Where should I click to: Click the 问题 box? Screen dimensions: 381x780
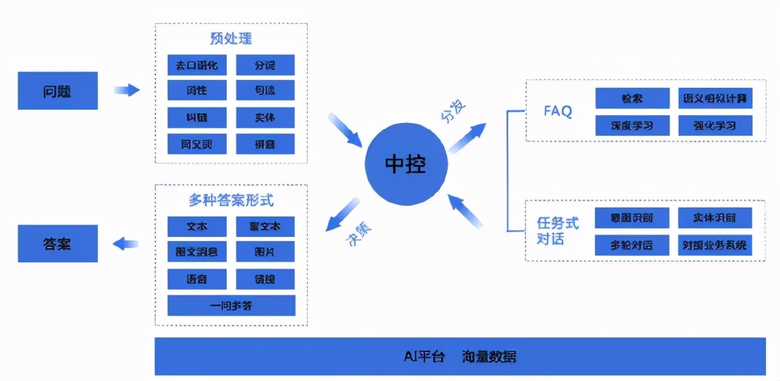point(58,91)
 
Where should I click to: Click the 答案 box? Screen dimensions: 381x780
point(58,244)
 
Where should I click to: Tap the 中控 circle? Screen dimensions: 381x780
point(405,164)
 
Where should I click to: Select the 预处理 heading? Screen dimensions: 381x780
point(231,38)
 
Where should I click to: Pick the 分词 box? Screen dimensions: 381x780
point(265,65)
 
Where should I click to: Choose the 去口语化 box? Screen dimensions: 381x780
point(197,65)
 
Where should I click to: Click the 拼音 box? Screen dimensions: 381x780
point(265,144)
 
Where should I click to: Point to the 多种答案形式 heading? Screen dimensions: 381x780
point(231,200)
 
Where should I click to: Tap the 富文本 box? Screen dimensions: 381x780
point(265,226)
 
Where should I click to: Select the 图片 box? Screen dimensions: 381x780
point(265,252)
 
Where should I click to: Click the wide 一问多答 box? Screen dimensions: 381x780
point(231,306)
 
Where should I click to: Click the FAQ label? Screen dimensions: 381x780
point(558,112)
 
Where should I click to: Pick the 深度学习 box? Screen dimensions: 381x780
point(631,126)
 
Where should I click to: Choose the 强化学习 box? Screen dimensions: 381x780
point(715,126)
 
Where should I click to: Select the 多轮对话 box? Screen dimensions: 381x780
point(631,245)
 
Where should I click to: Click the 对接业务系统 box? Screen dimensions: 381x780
point(715,245)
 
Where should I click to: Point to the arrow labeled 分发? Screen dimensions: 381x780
point(467,136)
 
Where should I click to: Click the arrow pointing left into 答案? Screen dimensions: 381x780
point(126,244)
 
